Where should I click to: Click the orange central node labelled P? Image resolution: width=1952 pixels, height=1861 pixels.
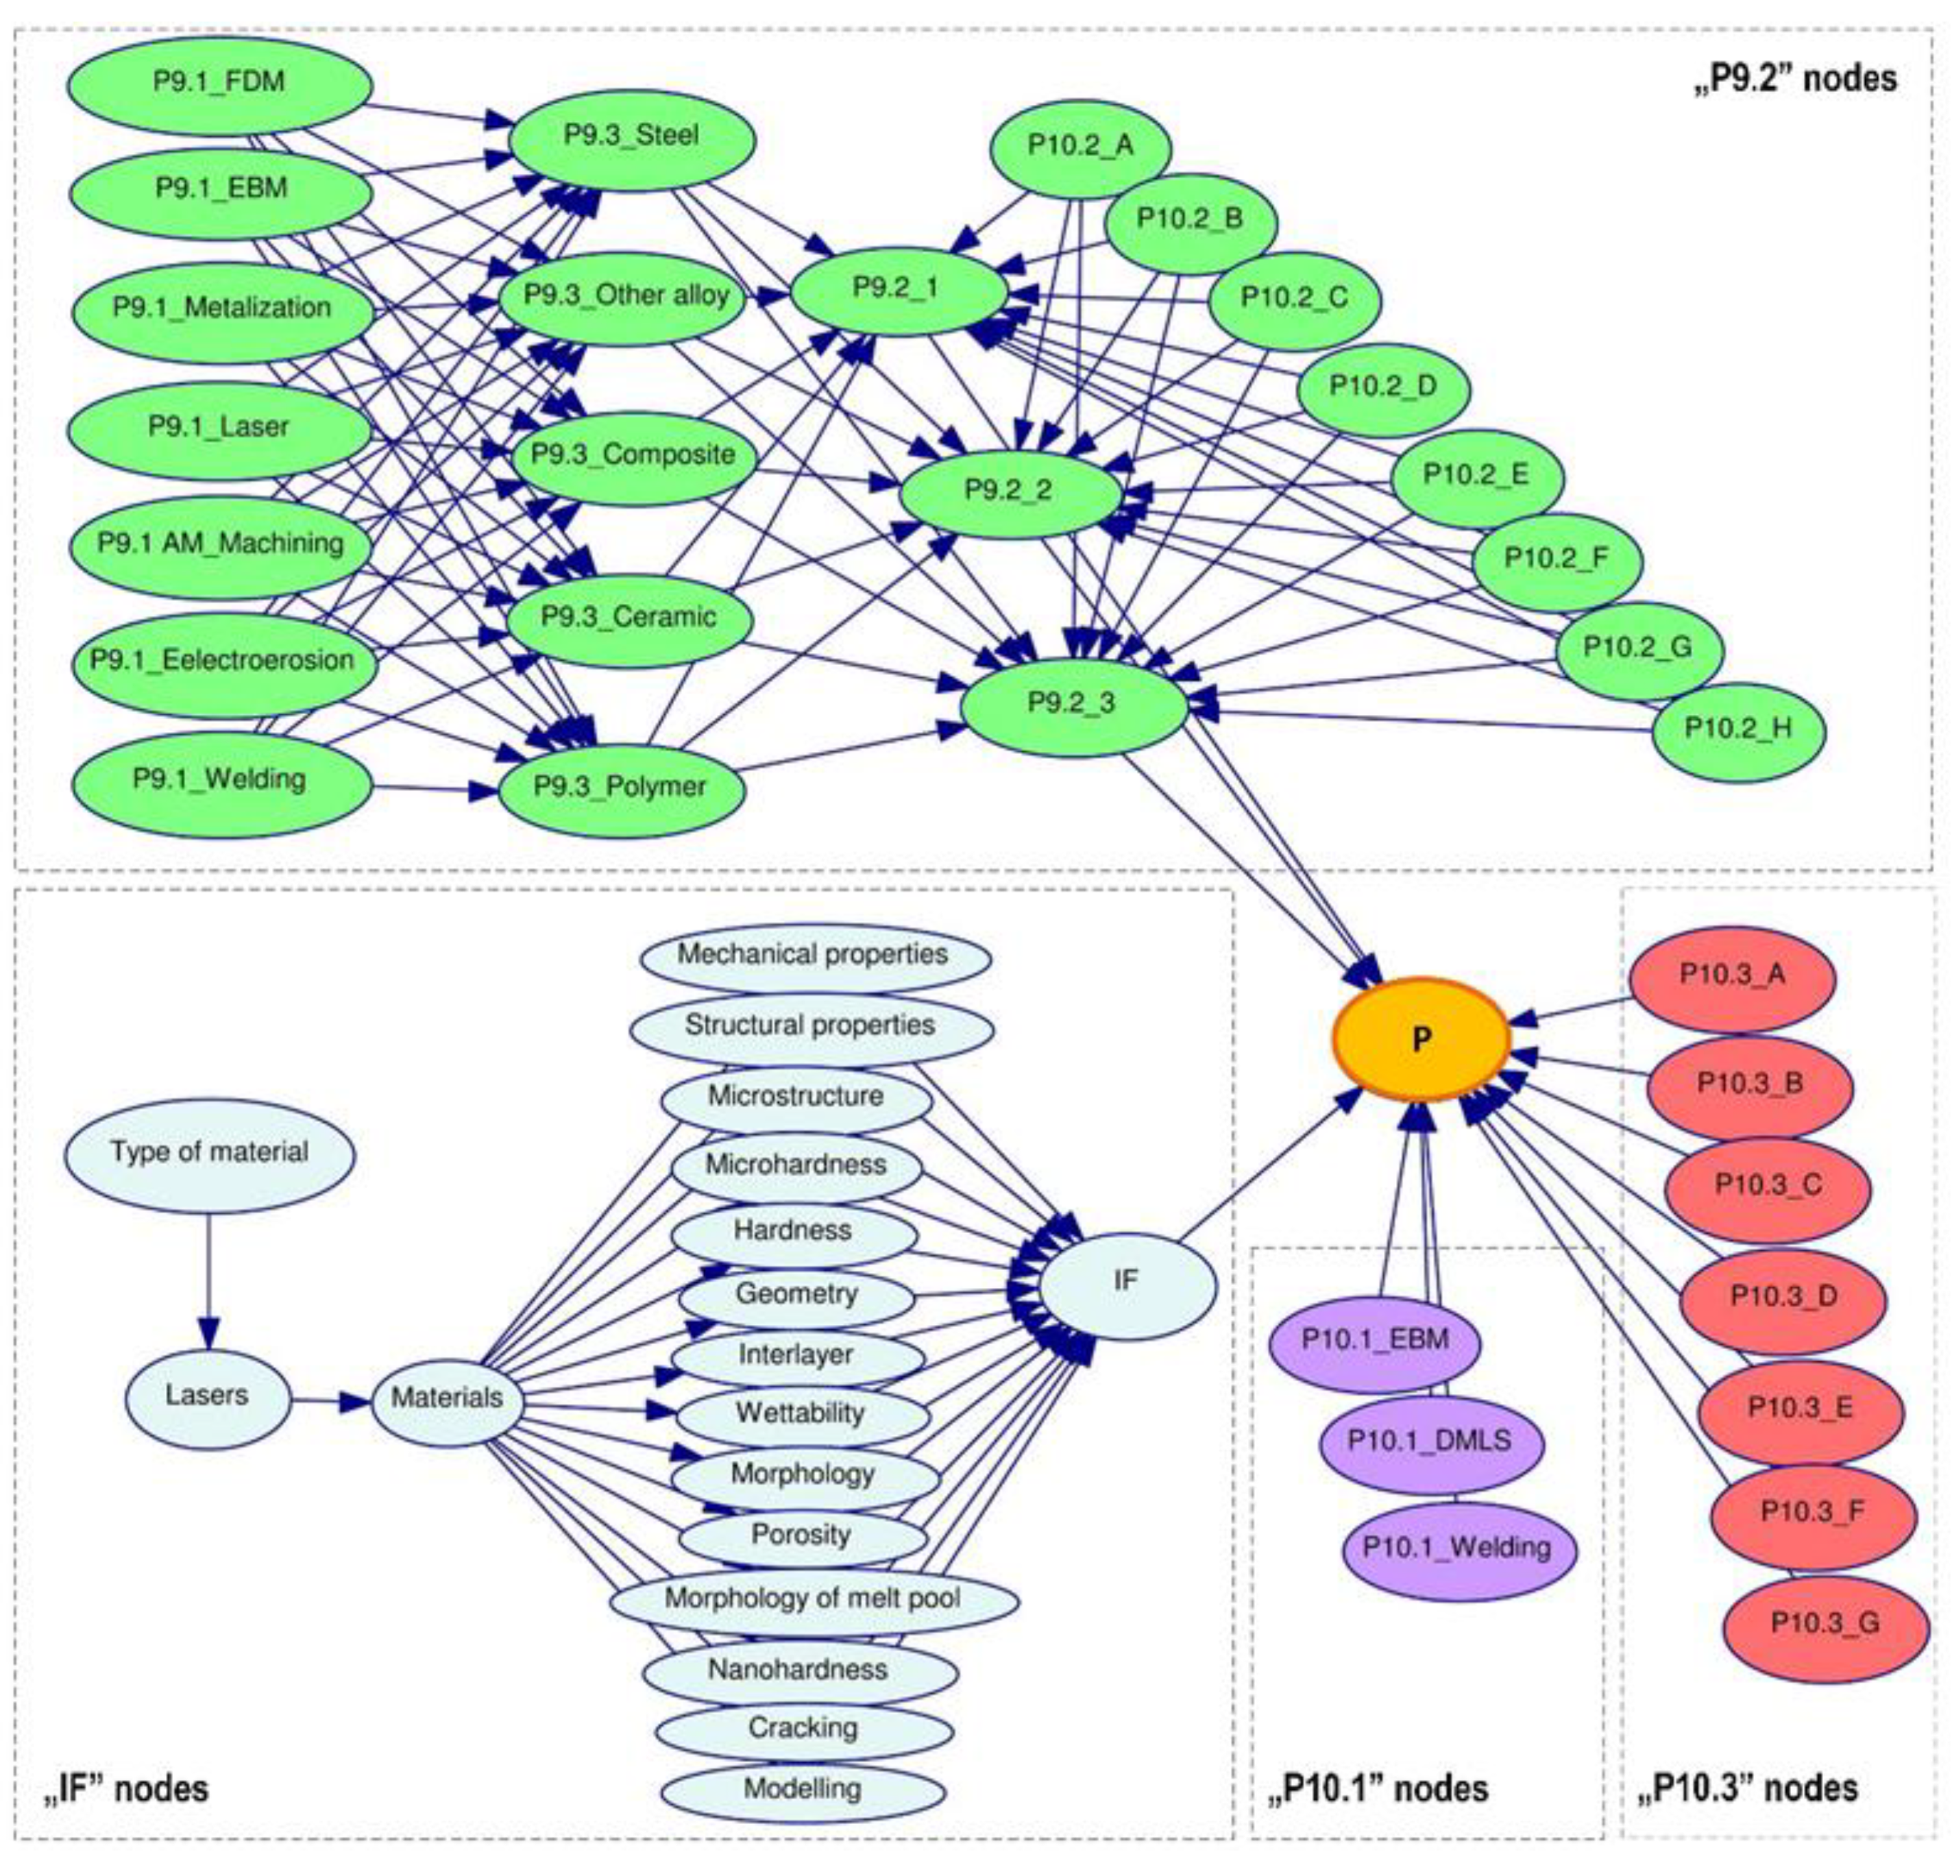tap(1420, 1038)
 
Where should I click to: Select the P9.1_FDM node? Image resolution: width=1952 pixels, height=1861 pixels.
tap(219, 84)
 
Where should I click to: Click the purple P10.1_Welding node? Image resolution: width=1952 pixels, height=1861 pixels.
tap(1457, 1548)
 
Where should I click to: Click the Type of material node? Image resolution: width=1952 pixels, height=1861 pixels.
tap(209, 1154)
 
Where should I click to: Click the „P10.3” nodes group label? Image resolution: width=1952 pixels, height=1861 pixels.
tap(1746, 1788)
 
